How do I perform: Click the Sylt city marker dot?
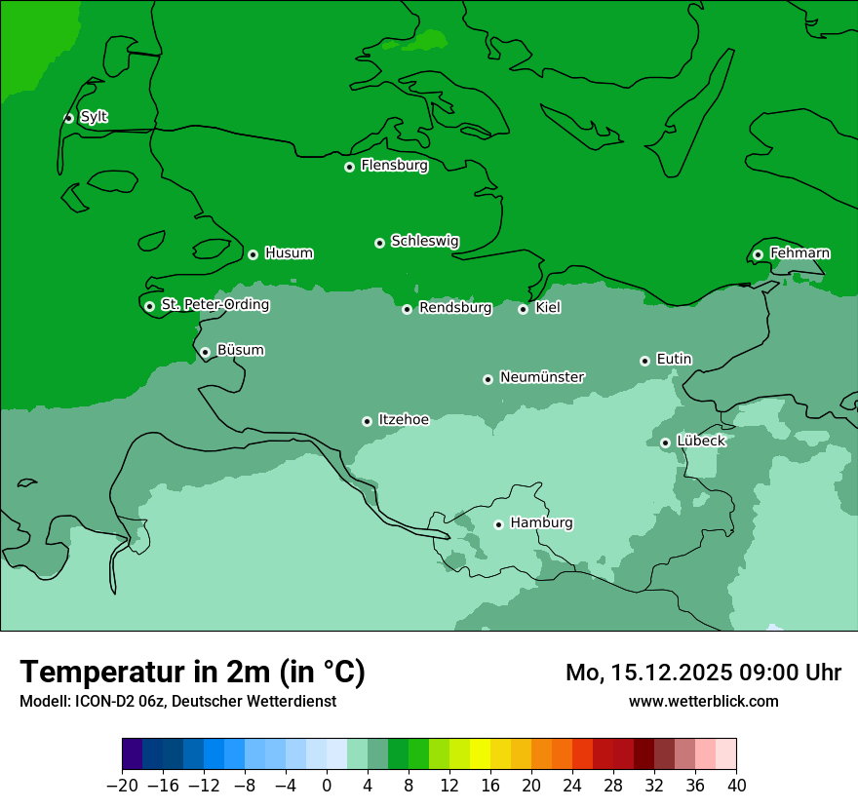(x=68, y=118)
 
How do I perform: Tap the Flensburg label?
(x=394, y=166)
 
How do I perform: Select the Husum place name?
(x=289, y=253)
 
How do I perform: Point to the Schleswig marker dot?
(x=379, y=243)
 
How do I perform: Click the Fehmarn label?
(x=799, y=253)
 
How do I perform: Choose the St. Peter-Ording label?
(x=214, y=305)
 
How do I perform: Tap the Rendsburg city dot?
(x=407, y=309)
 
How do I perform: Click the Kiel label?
(x=548, y=308)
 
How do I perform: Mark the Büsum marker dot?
(x=205, y=352)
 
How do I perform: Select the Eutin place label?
(x=674, y=360)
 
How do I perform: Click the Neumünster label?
(x=542, y=377)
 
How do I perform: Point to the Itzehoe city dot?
(x=367, y=421)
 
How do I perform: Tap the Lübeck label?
(x=700, y=442)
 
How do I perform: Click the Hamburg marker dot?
(x=498, y=524)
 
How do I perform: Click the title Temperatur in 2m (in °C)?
(x=192, y=672)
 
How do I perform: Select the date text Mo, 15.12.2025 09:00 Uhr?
(x=703, y=673)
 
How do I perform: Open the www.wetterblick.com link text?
(x=703, y=701)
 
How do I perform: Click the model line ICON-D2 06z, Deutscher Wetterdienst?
(x=177, y=701)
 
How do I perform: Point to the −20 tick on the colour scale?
(x=122, y=786)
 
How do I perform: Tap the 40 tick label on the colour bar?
(x=736, y=786)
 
